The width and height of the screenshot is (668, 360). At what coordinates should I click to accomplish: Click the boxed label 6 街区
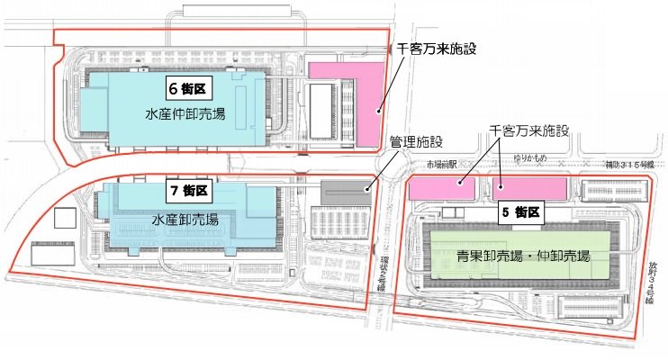(x=187, y=88)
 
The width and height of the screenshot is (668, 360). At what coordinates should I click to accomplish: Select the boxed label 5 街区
(x=520, y=213)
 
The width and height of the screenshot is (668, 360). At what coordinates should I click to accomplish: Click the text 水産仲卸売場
(x=185, y=114)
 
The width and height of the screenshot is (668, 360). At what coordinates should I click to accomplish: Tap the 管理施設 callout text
(x=416, y=141)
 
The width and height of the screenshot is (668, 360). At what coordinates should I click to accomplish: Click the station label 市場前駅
(x=442, y=165)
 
